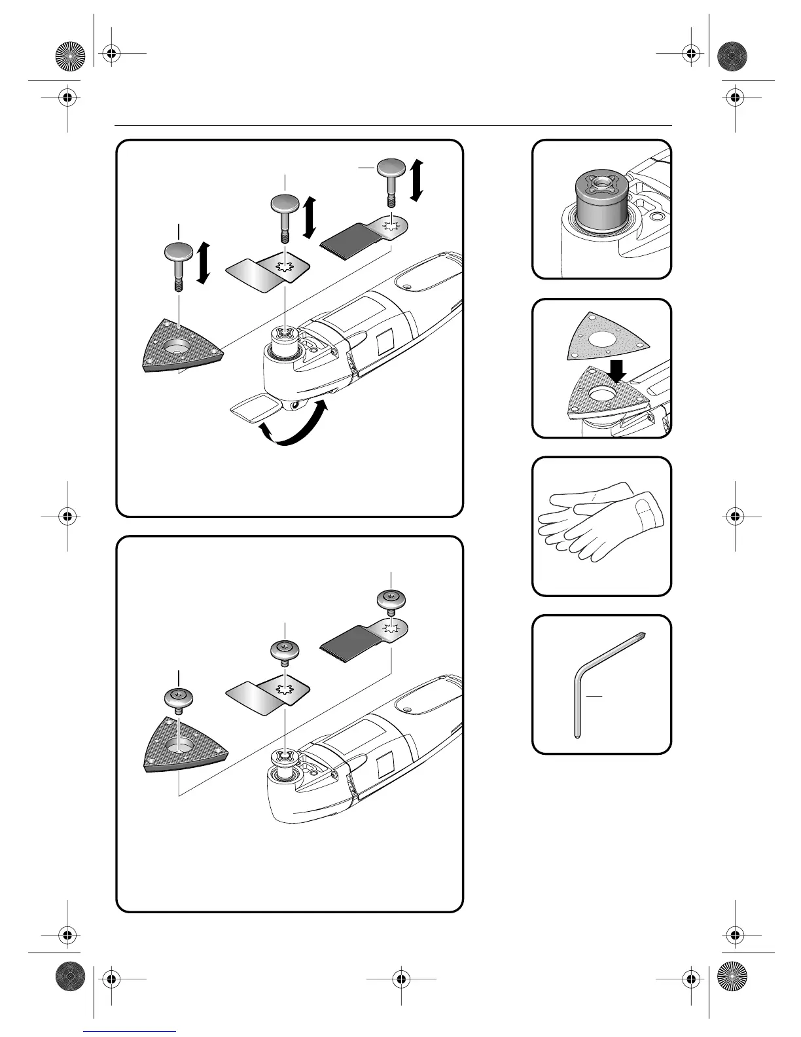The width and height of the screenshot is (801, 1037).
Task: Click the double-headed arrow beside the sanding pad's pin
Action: (x=203, y=263)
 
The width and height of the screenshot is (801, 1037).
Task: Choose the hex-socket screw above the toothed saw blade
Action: (x=391, y=600)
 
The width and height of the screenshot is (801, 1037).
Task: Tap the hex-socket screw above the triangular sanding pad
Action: (x=177, y=700)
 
